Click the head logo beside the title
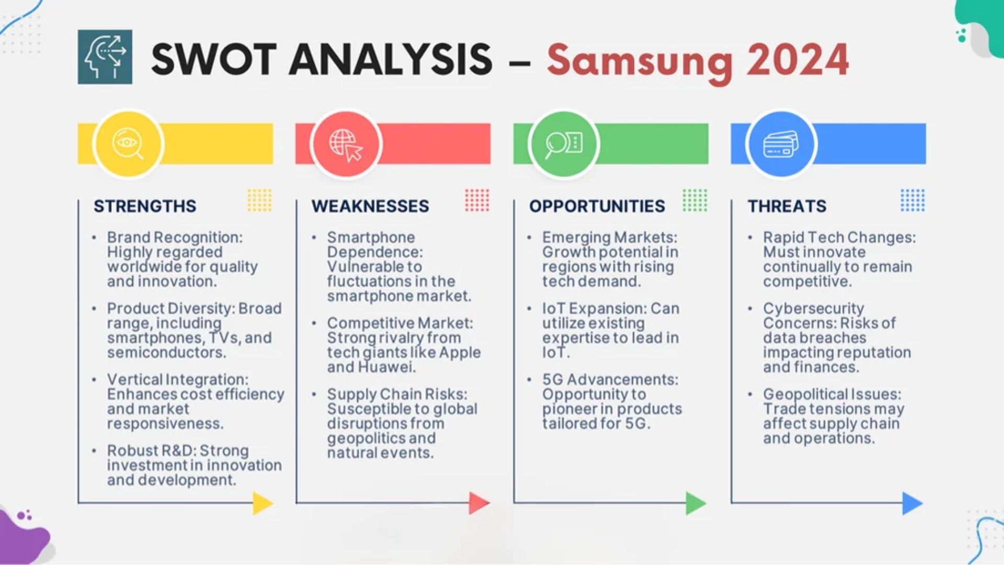[x=105, y=57]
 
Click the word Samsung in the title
[x=640, y=62]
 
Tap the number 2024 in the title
[x=798, y=60]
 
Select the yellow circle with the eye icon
[x=128, y=143]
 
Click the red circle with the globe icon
[x=346, y=143]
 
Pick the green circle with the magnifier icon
[x=564, y=143]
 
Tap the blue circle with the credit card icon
[x=781, y=143]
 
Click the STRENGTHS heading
[x=145, y=206]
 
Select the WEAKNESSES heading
[x=370, y=206]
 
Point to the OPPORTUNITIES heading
[x=597, y=206]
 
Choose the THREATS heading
[x=787, y=206]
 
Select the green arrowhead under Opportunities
[x=697, y=503]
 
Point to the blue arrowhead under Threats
[x=913, y=503]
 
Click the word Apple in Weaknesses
[x=460, y=353]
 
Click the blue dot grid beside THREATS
[x=912, y=200]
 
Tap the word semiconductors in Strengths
[x=167, y=353]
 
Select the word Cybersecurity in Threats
[x=814, y=309]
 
